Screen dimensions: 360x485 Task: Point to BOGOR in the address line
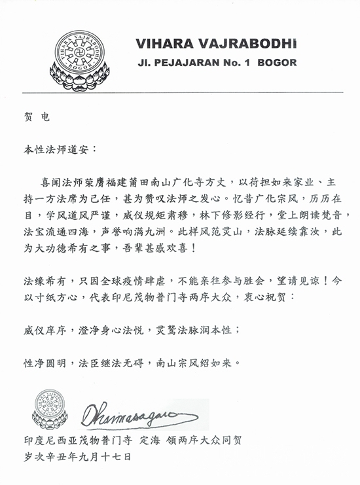pyautogui.click(x=276, y=63)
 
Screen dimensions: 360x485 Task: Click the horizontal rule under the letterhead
pyautogui.click(x=179, y=92)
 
